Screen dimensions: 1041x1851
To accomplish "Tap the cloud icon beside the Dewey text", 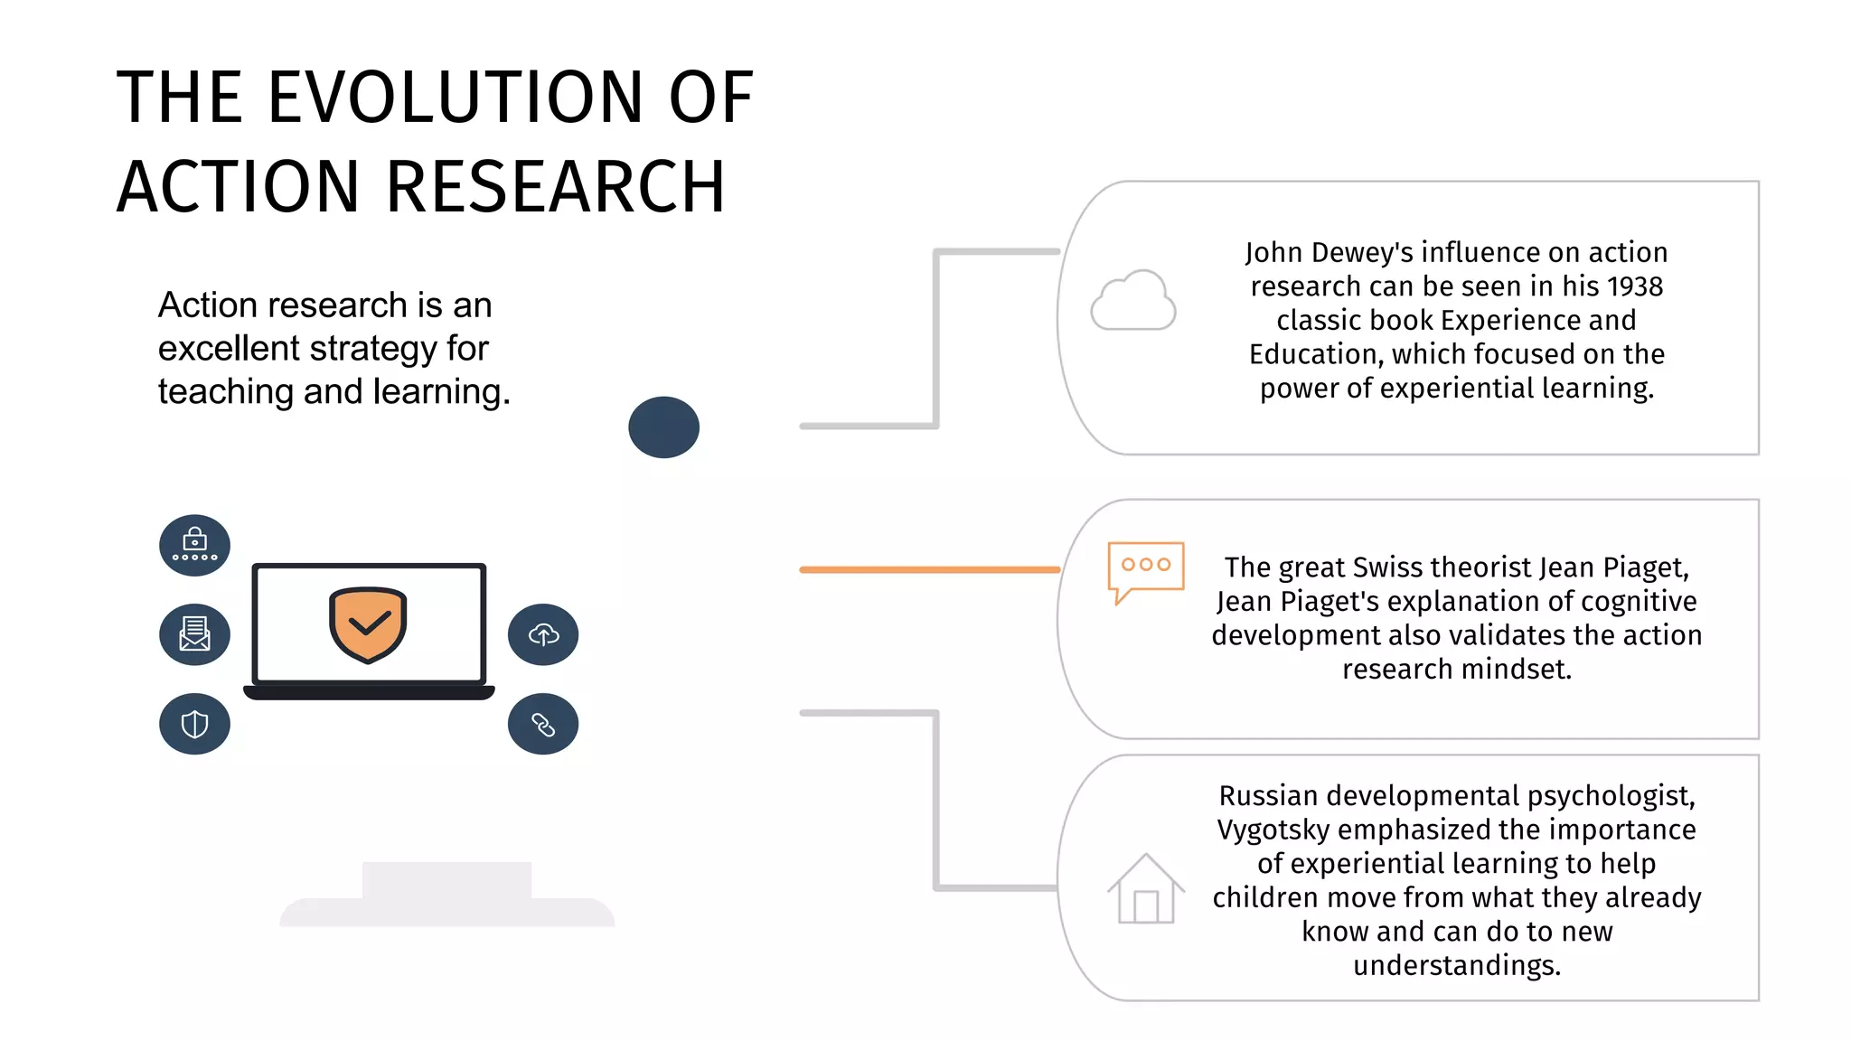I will [x=1133, y=301].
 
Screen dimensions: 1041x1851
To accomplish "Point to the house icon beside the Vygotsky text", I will [x=1146, y=889].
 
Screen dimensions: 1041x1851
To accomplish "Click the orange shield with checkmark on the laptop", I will [x=368, y=624].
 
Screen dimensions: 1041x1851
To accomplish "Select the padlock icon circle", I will [x=194, y=545].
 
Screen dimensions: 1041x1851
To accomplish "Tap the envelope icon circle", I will [x=194, y=634].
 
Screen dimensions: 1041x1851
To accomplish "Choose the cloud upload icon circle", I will [x=543, y=634].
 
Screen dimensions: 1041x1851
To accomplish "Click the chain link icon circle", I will [x=543, y=724].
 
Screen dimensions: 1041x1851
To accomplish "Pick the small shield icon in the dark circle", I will [x=194, y=724].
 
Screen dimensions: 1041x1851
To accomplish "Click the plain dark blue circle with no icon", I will [x=663, y=427].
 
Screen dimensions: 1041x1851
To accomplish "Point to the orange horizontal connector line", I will [x=929, y=569].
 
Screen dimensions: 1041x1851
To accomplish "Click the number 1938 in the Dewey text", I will [x=1634, y=286].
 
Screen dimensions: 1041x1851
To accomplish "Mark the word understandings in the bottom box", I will [x=1456, y=965].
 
